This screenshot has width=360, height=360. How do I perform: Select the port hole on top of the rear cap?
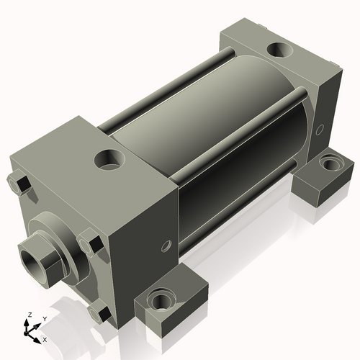point(277,51)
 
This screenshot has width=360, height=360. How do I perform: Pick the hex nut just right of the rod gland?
point(89,241)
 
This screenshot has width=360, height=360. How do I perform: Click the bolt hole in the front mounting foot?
point(159,298)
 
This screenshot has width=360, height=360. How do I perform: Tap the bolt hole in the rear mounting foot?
point(330,163)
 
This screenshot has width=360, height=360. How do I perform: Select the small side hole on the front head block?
point(167,246)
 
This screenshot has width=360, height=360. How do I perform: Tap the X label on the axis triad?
point(45,338)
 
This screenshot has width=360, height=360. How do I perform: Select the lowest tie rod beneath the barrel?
point(238,209)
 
